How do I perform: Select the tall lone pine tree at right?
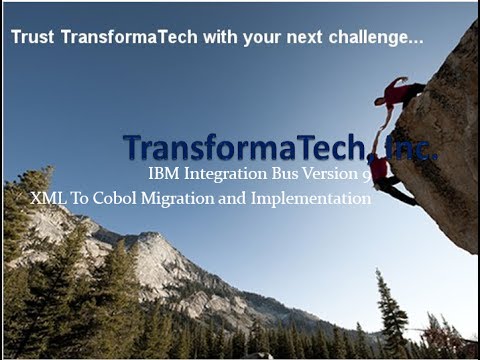(x=391, y=310)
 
